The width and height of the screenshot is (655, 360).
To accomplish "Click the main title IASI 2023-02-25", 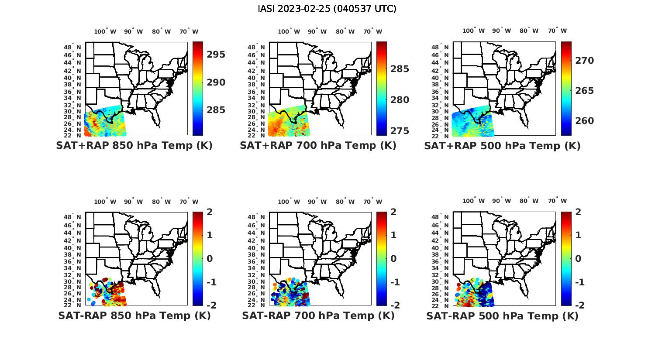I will (x=327, y=9).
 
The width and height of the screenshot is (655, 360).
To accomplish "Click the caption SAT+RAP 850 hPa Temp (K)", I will (x=134, y=146).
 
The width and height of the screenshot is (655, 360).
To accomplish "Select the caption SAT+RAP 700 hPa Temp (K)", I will (x=318, y=146).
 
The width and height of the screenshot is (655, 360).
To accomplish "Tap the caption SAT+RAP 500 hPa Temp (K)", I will (x=502, y=146).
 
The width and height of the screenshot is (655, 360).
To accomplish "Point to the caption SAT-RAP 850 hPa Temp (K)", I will (x=134, y=315).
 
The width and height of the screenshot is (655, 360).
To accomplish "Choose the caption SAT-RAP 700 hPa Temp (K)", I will (x=318, y=315).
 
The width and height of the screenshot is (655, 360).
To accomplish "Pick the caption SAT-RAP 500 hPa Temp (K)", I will (x=502, y=316).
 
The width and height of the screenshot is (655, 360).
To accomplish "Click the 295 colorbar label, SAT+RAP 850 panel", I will (x=216, y=55).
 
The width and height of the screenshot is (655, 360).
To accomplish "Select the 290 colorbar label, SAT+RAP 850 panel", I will (x=216, y=82).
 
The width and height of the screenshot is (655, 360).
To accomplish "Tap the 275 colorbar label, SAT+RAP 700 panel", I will (x=400, y=131).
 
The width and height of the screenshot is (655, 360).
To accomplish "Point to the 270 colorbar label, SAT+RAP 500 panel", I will (x=585, y=61).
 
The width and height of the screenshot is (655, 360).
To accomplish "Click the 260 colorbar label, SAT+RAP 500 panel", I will (x=585, y=121).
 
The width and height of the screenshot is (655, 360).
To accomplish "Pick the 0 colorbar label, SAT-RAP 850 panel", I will (x=210, y=259).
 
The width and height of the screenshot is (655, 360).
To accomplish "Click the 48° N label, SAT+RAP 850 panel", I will (x=72, y=47).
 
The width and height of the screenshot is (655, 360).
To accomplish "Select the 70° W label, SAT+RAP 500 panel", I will (x=557, y=31).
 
